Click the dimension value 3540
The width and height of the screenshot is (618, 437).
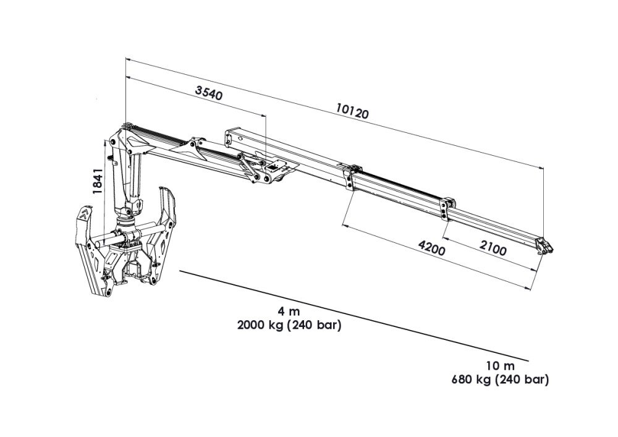click(x=208, y=93)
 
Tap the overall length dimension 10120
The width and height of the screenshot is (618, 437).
click(x=352, y=112)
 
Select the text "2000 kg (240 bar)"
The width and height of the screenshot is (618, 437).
click(x=289, y=326)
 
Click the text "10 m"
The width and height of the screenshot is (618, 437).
click(x=499, y=366)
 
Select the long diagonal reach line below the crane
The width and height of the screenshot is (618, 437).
click(x=352, y=315)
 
